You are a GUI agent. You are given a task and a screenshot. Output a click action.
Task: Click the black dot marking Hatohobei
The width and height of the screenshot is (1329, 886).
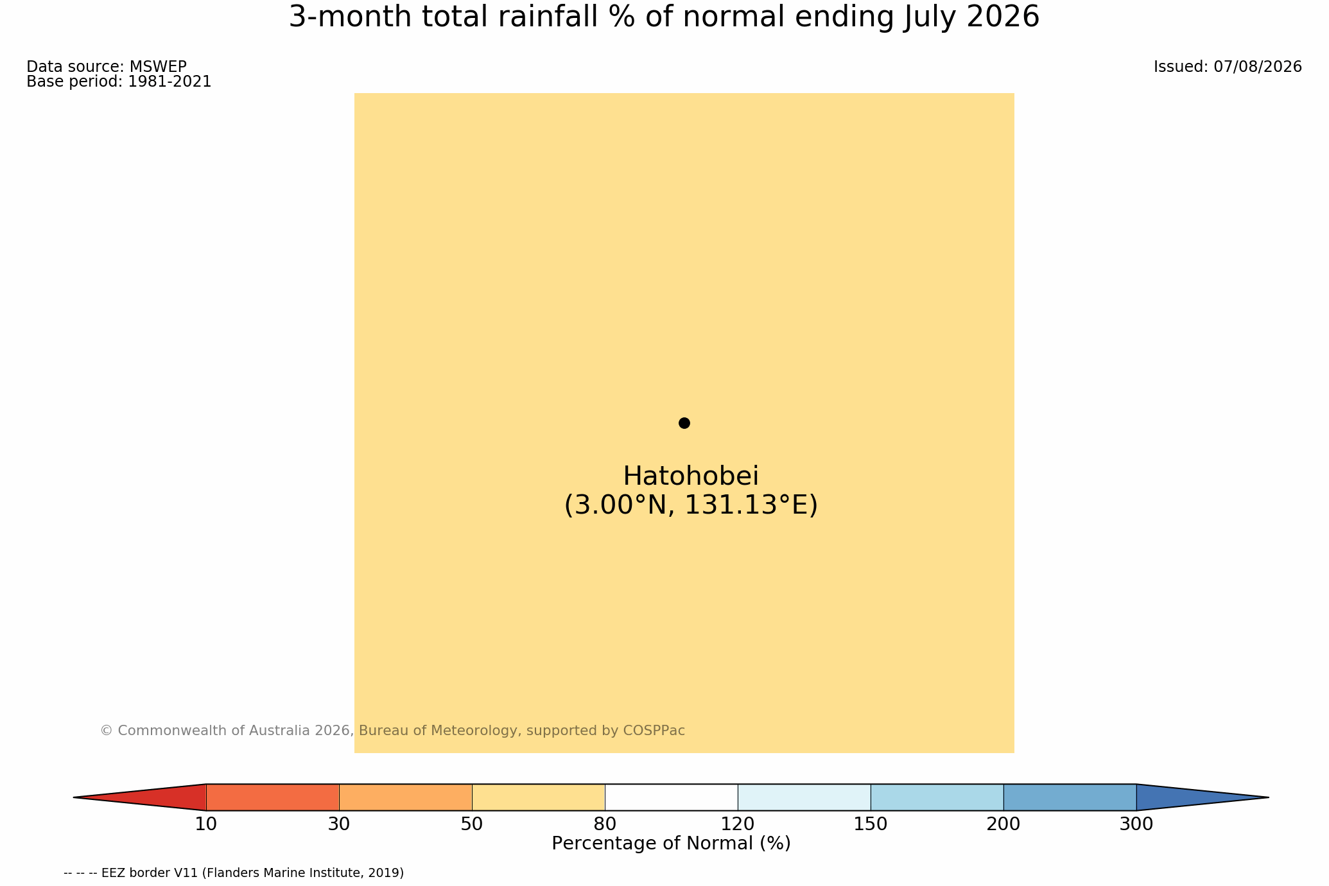[684, 423]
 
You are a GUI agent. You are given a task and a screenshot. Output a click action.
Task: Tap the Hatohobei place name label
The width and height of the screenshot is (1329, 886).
[691, 476]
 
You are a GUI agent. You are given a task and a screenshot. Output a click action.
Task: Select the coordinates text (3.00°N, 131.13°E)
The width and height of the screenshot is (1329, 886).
[691, 505]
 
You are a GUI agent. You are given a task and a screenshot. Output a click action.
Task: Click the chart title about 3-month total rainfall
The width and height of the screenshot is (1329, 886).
[664, 17]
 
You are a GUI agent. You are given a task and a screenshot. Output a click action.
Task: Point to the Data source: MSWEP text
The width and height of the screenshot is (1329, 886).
[107, 67]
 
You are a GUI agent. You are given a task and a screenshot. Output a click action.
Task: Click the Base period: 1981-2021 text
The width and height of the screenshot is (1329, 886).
[119, 82]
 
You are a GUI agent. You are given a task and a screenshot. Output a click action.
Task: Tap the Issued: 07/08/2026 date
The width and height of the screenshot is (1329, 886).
[1228, 67]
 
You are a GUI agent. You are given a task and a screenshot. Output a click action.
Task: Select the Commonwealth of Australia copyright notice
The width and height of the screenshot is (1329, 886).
[392, 731]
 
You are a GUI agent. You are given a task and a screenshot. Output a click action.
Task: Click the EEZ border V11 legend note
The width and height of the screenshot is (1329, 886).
[234, 873]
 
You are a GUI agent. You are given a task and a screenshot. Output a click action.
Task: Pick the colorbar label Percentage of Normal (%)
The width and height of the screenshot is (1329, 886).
[671, 844]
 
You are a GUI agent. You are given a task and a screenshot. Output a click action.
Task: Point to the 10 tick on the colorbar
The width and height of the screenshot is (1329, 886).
[206, 824]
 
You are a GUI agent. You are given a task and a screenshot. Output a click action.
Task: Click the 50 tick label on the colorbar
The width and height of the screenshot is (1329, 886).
[472, 824]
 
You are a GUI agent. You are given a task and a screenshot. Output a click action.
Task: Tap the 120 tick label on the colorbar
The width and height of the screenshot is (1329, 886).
[738, 824]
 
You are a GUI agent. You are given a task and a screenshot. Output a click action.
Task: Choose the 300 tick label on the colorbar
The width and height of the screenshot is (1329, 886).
[1136, 824]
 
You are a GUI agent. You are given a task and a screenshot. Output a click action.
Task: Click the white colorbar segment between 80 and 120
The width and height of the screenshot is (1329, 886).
[671, 797]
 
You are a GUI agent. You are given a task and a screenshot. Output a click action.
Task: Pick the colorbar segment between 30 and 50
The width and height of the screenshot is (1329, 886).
[405, 797]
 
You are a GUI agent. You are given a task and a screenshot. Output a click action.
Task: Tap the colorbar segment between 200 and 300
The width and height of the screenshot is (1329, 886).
[1070, 797]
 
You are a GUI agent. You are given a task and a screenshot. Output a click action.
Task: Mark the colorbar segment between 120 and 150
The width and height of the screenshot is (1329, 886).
[804, 797]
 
